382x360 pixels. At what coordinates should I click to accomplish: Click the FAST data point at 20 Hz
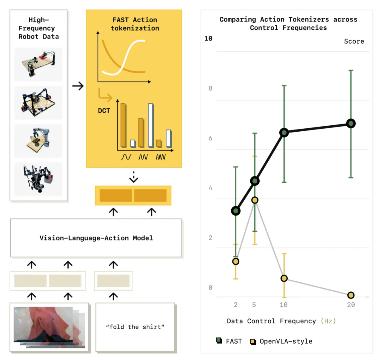351,123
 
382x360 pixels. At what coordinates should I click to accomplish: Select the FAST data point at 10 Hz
284,132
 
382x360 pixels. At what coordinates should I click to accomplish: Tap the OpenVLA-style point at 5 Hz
255,200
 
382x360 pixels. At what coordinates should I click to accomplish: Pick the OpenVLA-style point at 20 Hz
351,295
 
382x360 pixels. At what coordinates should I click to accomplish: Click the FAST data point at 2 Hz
236,211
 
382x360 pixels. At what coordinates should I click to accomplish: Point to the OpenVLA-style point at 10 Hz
284,278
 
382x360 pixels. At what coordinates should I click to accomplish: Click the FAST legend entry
229,341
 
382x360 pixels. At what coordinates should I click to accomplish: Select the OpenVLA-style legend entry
281,341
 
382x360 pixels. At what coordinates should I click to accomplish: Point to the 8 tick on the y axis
210,88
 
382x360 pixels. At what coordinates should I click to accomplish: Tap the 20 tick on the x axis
351,305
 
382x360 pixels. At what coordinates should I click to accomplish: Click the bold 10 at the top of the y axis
208,39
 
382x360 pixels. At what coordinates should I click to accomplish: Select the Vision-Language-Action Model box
96,238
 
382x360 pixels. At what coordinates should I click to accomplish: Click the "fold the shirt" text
135,327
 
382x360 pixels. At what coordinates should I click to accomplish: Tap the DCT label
104,111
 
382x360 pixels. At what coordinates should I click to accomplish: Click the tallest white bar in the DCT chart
151,125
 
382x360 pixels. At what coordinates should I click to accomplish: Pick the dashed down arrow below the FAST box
133,177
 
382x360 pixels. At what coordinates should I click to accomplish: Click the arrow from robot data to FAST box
78,86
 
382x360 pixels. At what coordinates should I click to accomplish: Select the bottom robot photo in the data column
38,179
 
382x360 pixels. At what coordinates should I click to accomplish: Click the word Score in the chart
354,41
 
